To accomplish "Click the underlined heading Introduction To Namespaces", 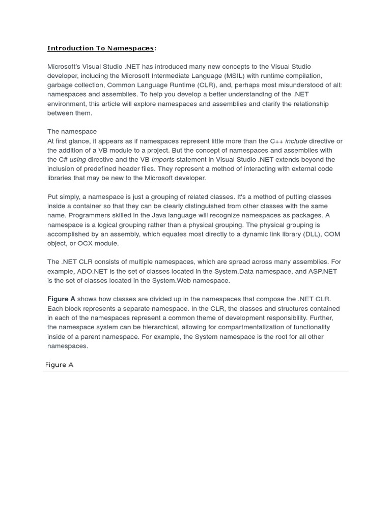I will click(101, 48).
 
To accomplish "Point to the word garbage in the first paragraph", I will click(59, 85).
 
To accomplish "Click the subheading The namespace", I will click(72, 132).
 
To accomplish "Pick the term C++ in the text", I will click(276, 141).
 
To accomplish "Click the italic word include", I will click(296, 141).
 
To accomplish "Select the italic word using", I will click(78, 160).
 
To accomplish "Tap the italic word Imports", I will click(163, 160).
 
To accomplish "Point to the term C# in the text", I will click(63, 160).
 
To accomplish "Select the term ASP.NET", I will click(323, 271).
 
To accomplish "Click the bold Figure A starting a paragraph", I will click(61, 299).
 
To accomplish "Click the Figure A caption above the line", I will click(59, 365).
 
